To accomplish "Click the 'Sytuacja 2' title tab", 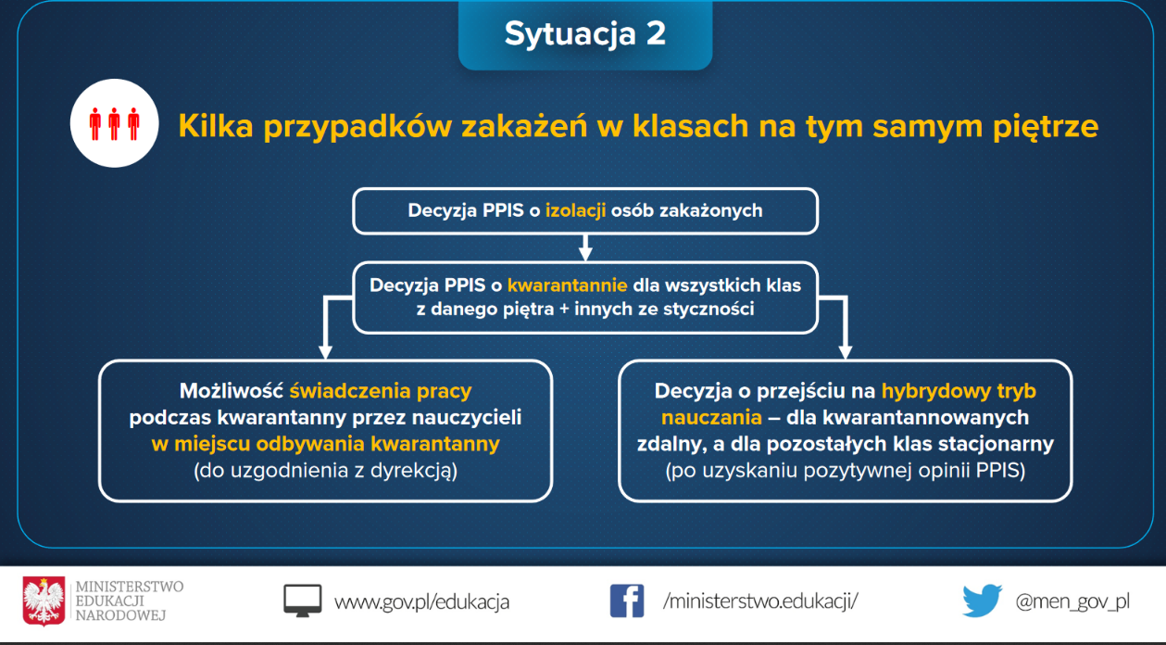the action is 585,34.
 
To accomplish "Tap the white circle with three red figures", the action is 115,123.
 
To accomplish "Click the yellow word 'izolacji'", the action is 575,210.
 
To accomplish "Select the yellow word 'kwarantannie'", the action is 567,285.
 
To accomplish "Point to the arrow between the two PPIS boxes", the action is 585,247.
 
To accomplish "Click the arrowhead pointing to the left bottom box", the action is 325,351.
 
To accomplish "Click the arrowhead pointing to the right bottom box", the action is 846,351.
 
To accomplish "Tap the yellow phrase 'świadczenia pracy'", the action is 381,391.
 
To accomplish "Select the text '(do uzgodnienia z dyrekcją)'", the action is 325,471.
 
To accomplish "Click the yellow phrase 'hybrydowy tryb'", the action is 959,391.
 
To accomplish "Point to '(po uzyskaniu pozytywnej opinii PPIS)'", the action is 846,471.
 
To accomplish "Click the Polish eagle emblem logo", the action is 44,601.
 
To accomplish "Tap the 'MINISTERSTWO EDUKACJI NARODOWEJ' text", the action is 129,601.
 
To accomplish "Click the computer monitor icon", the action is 303,601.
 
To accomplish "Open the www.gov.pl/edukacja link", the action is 421,602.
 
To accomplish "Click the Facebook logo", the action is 627,601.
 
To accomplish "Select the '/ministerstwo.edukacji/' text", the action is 760,601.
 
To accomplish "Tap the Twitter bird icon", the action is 983,601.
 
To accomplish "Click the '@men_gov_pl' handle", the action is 1072,601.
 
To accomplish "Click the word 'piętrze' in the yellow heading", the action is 1046,128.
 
